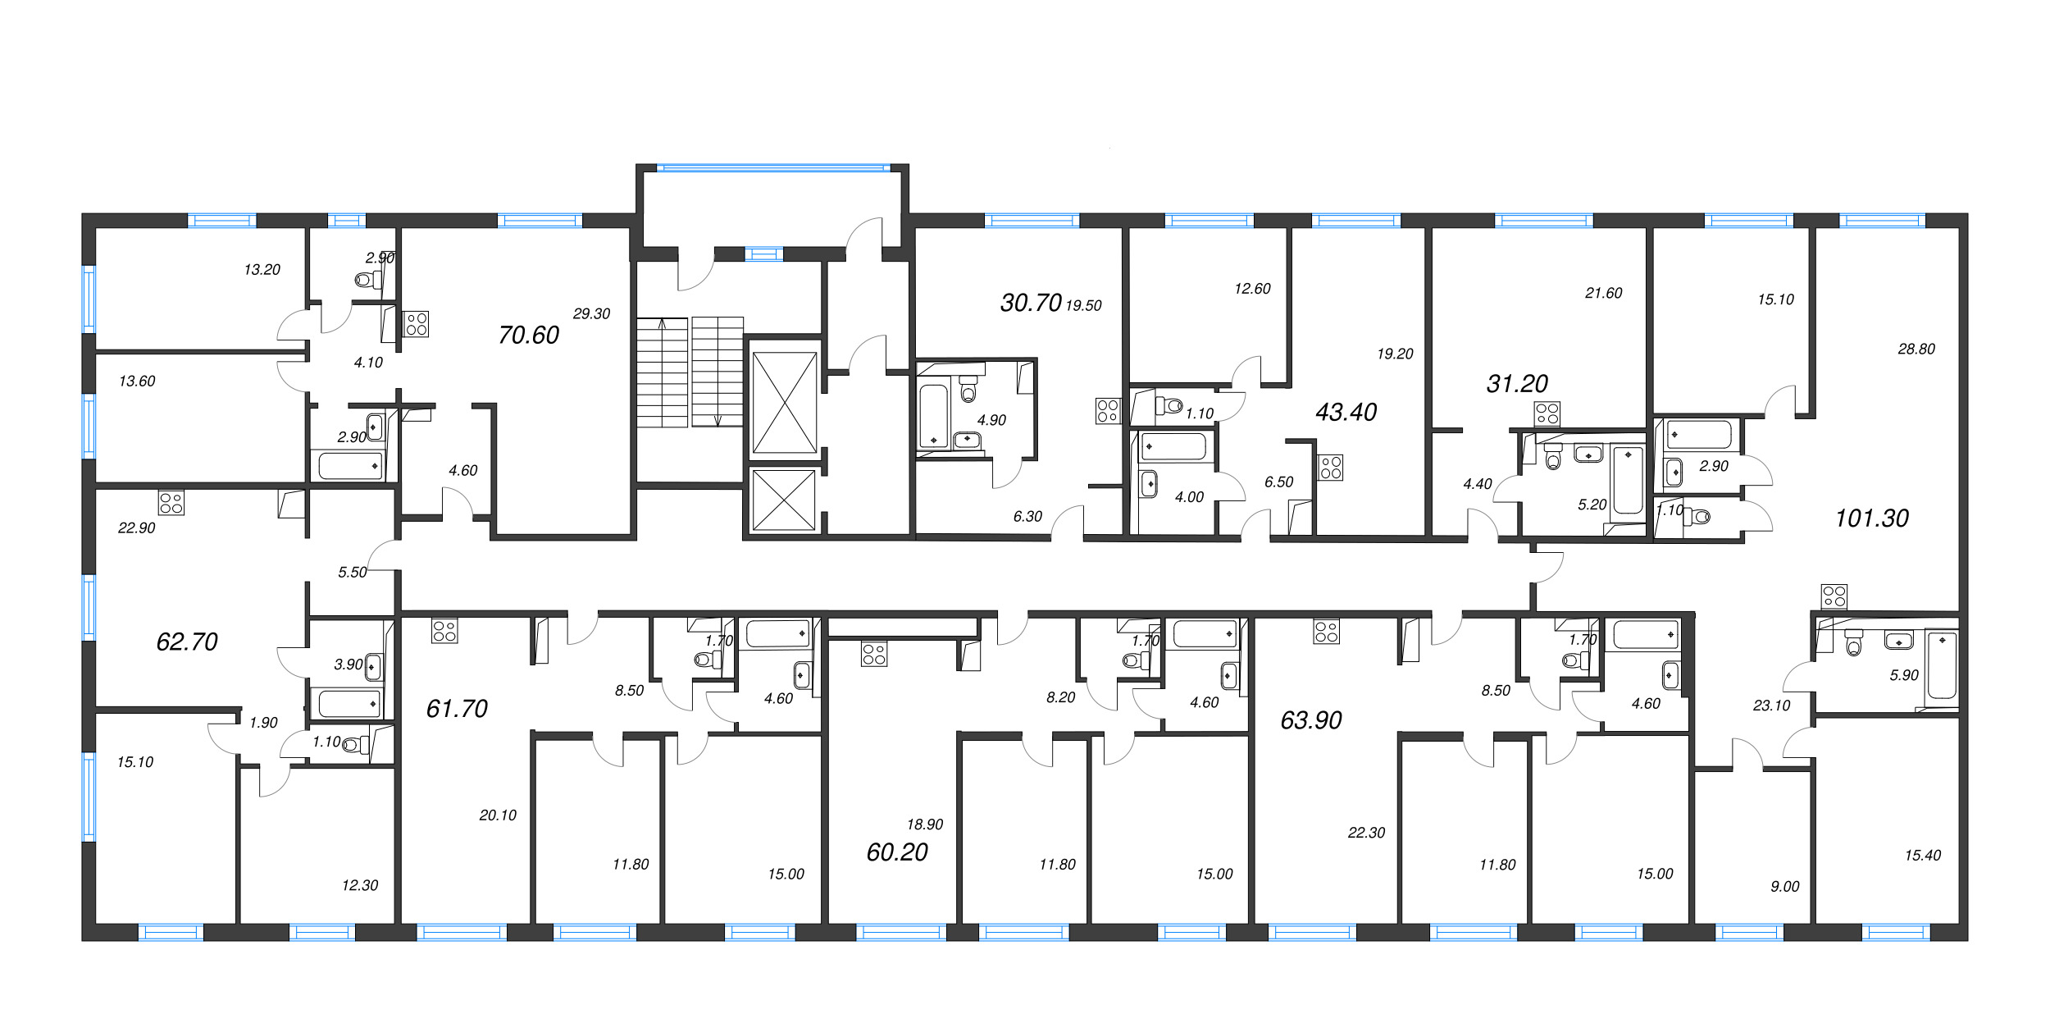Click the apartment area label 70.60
[x=529, y=335]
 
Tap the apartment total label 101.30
[x=1872, y=518]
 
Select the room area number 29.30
[x=591, y=313]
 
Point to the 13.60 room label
[x=137, y=381]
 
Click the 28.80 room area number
[x=1916, y=349]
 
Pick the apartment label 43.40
[x=1346, y=412]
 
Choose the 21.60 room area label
[x=1604, y=293]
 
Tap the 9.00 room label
[x=1785, y=887]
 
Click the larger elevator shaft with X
[x=785, y=403]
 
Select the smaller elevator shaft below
[x=784, y=500]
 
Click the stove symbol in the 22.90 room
[x=171, y=503]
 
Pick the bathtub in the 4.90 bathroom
[x=933, y=416]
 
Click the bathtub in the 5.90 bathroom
[x=1942, y=664]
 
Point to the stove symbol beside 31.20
[x=1547, y=413]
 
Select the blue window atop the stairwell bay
[x=773, y=168]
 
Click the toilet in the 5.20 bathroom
[x=1552, y=456]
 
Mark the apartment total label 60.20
[x=897, y=852]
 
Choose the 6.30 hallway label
[x=1027, y=517]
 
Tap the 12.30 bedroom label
[x=360, y=886]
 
